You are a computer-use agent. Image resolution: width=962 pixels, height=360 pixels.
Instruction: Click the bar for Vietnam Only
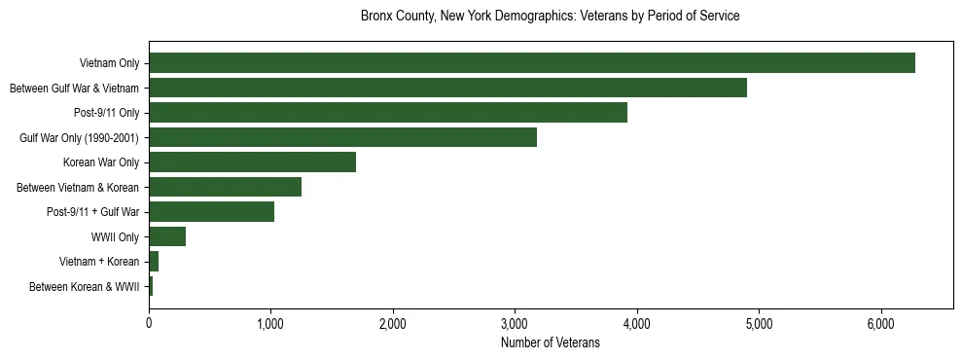pos(531,62)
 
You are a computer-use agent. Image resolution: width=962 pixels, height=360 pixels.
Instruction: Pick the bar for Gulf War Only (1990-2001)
pos(342,137)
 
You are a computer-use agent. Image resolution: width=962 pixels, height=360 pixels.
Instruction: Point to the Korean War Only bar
pos(252,162)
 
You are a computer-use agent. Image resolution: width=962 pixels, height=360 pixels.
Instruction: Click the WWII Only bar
pos(167,236)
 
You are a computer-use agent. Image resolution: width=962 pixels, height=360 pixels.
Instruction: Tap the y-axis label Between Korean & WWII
pos(85,287)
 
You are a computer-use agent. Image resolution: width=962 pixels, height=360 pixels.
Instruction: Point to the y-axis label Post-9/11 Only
pos(107,113)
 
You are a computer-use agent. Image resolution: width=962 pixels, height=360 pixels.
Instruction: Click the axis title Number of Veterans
pos(550,342)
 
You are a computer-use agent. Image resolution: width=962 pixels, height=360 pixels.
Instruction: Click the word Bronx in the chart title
pos(376,17)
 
